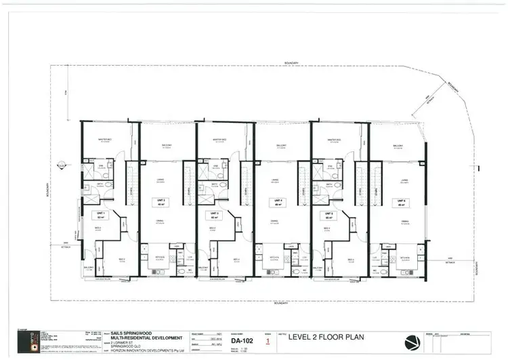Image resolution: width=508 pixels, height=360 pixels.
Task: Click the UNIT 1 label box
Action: tap(98, 215)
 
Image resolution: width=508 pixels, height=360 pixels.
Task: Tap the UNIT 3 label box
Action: tap(213, 215)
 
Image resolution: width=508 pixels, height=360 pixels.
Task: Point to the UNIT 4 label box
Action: tap(276, 201)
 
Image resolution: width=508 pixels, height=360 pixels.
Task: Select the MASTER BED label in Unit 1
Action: tap(105, 140)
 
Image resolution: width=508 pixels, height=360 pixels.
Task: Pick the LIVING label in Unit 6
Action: tap(404, 180)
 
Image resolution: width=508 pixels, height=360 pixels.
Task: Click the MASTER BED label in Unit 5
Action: tap(334, 140)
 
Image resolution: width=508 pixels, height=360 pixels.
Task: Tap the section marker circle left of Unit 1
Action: tap(60, 163)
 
